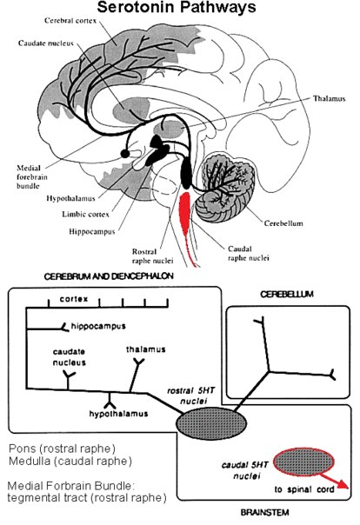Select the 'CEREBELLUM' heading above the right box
(287, 295)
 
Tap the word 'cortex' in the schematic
(74, 298)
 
